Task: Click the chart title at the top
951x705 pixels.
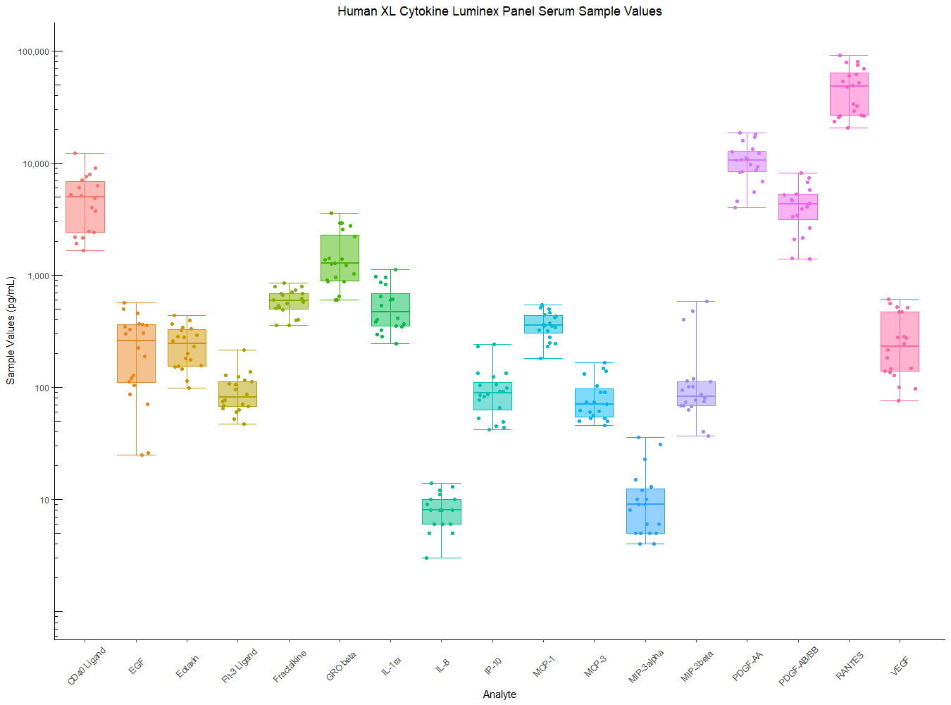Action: (499, 11)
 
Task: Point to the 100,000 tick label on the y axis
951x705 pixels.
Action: (33, 52)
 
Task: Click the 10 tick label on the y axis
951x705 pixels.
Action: (44, 501)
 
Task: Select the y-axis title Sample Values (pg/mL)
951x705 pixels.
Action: (11, 331)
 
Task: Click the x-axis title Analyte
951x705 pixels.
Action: (499, 694)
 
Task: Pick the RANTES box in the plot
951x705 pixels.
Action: (849, 94)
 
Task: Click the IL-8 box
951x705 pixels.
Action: (442, 512)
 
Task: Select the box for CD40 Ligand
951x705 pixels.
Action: (85, 207)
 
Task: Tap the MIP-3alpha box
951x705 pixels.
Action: (645, 510)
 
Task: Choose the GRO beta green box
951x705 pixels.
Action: (340, 258)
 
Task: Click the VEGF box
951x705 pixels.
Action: (900, 341)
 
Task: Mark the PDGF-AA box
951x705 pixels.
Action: (747, 161)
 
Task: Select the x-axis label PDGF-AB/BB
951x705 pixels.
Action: (799, 666)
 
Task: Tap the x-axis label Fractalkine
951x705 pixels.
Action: (290, 667)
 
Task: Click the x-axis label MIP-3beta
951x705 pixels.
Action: (697, 667)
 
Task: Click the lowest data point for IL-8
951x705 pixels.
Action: (425, 558)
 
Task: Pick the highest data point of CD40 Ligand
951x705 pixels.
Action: (75, 153)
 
